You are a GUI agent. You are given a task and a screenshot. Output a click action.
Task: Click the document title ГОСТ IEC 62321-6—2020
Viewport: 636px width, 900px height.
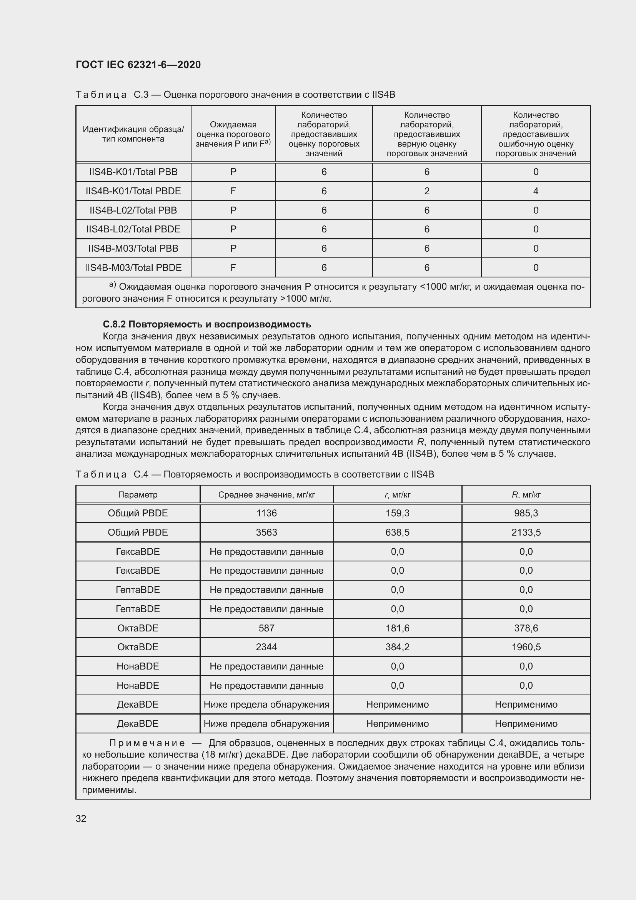(x=138, y=65)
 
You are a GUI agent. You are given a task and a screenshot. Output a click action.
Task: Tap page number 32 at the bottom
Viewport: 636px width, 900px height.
(x=81, y=818)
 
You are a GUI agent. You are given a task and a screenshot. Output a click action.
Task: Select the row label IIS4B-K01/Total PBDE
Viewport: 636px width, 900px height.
(x=133, y=191)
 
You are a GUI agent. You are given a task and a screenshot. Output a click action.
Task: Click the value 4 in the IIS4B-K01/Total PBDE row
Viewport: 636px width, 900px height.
(x=535, y=191)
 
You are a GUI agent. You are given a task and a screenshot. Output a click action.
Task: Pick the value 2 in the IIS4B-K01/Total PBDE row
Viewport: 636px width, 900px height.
(x=426, y=191)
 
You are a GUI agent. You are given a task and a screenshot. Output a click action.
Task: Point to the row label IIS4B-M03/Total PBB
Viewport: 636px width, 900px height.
(x=133, y=248)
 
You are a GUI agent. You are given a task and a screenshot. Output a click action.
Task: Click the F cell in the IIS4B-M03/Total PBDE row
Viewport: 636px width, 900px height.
(x=233, y=267)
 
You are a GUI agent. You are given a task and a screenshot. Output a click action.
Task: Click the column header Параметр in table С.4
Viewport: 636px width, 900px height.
(x=138, y=495)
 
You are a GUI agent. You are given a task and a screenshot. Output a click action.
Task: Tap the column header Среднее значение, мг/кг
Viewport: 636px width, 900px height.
(x=266, y=495)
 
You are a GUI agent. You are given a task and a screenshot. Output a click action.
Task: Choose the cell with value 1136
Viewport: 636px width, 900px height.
(x=266, y=513)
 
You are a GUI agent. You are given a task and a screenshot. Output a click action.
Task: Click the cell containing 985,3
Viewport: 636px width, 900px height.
(x=526, y=513)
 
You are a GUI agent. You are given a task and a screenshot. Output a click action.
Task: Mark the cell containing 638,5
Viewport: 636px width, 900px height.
(x=397, y=532)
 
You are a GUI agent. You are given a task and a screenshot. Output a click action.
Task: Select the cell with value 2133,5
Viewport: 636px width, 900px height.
(x=526, y=532)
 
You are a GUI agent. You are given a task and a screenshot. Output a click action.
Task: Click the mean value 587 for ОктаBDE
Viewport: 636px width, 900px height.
(x=266, y=628)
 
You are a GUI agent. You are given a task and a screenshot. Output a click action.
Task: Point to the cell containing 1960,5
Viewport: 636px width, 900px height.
(x=526, y=647)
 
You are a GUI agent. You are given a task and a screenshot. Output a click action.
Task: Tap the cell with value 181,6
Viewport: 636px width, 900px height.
(x=397, y=628)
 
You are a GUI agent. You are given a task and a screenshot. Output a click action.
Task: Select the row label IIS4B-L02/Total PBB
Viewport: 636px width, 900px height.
(x=133, y=210)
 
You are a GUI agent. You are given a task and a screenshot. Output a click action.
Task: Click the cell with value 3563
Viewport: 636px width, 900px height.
(x=266, y=532)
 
